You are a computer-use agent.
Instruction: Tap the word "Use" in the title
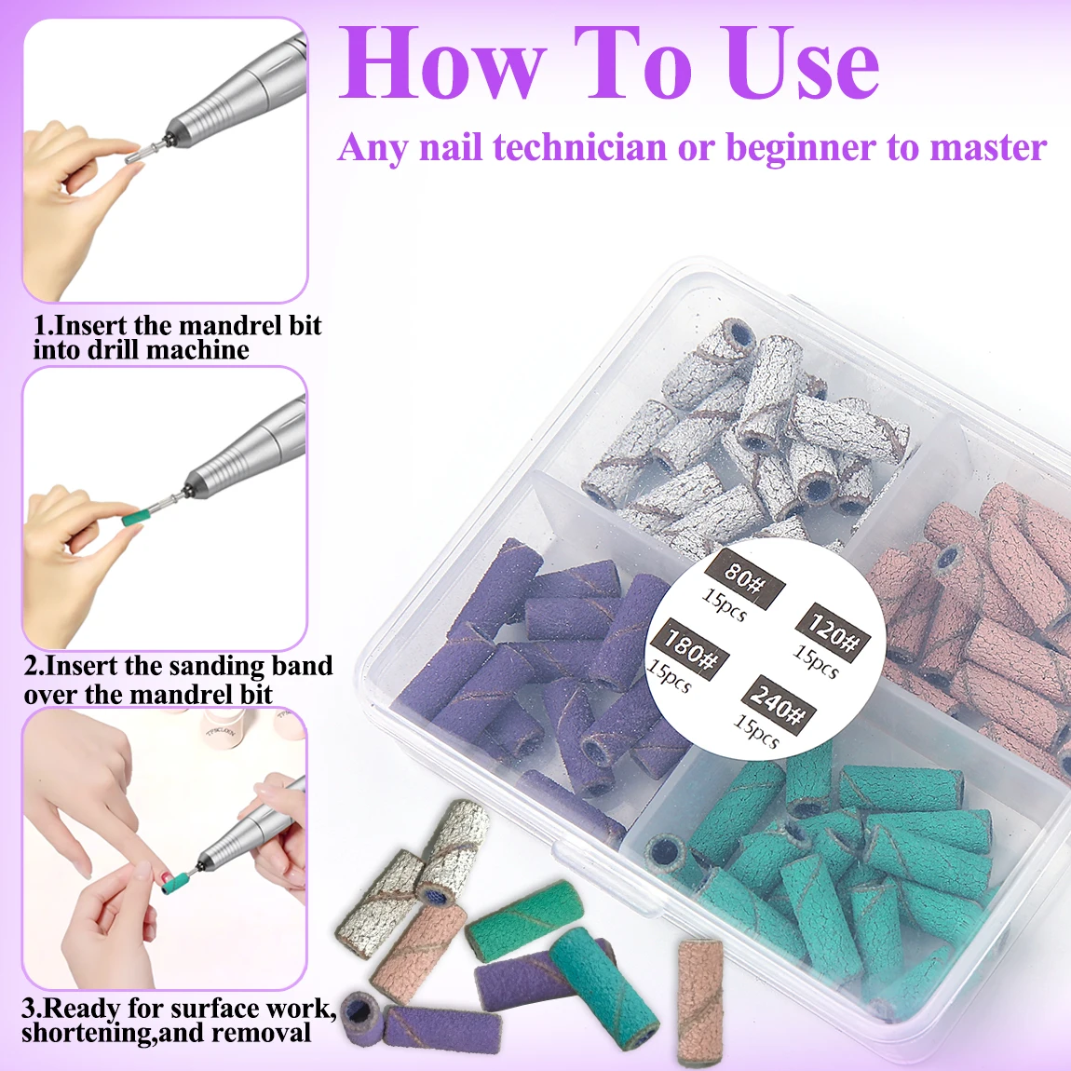[x=802, y=63]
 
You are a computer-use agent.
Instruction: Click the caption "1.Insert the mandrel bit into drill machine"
[x=177, y=338]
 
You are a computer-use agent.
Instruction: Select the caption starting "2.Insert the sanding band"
[x=177, y=680]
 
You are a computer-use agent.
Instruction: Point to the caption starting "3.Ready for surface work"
[x=177, y=1021]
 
